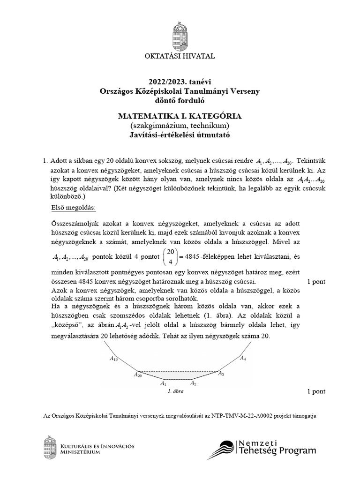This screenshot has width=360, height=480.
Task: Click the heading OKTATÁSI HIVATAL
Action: pyautogui.click(x=180, y=56)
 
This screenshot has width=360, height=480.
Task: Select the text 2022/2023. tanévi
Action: pyautogui.click(x=180, y=82)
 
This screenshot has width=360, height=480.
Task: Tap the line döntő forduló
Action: pyautogui.click(x=180, y=100)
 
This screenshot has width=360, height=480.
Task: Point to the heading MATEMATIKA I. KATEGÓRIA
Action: pyautogui.click(x=180, y=116)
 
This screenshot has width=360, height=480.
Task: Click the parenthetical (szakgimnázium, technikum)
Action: pyautogui.click(x=180, y=125)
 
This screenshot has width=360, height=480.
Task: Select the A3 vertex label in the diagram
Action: pyautogui.click(x=221, y=374)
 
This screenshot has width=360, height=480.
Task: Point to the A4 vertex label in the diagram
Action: pyautogui.click(x=242, y=359)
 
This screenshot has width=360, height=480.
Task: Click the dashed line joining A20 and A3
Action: pyautogui.click(x=178, y=370)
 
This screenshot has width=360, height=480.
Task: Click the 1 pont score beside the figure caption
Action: pyautogui.click(x=316, y=391)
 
